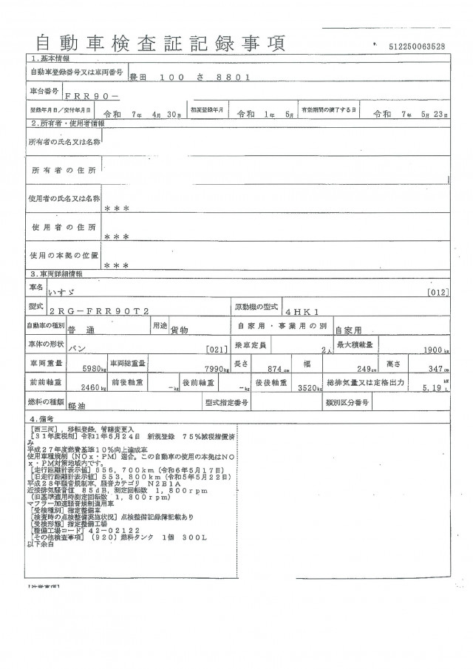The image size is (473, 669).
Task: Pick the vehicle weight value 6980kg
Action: pos(89,368)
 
